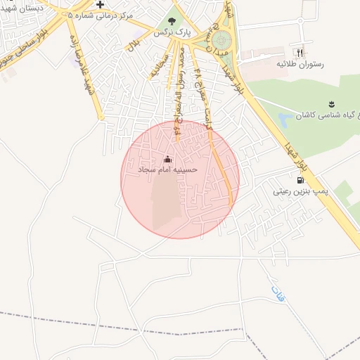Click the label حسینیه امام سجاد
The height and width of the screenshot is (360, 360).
[x=167, y=170]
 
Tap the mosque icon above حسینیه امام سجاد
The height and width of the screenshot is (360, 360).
[x=167, y=159]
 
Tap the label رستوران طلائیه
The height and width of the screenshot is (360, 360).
[x=299, y=64]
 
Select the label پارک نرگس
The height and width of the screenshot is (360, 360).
[x=171, y=32]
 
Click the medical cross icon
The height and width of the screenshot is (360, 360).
[x=101, y=4]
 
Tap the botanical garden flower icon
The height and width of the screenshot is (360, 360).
[x=330, y=103]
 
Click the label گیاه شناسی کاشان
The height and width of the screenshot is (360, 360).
[x=326, y=115]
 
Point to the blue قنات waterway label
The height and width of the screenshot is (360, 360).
[x=278, y=294]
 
